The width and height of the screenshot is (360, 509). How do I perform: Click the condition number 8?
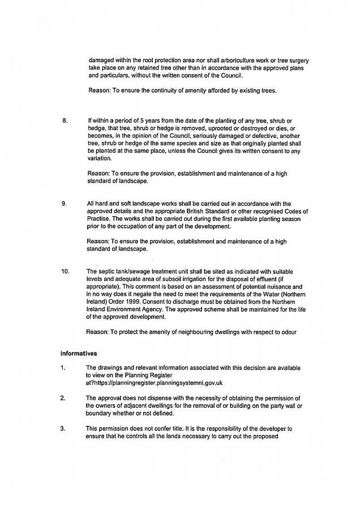click(64, 121)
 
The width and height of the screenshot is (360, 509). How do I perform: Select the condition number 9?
click(64, 204)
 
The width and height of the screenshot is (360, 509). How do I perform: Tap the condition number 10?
click(66, 271)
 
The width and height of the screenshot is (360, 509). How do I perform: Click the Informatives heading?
click(79, 353)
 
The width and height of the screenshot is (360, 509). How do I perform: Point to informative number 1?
click(63, 368)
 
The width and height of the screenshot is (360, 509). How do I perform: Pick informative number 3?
click(63, 429)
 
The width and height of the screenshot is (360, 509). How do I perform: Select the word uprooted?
click(211, 128)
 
